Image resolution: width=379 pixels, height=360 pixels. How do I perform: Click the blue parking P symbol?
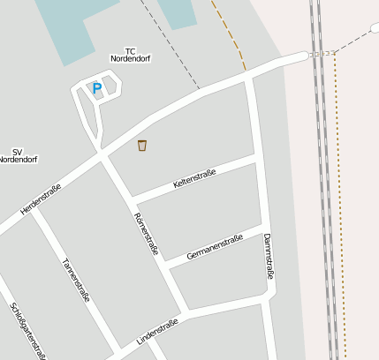pos(96,88)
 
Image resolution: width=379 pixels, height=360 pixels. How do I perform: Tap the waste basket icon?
pos(142,146)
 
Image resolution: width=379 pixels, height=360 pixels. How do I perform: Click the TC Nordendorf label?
pos(131,55)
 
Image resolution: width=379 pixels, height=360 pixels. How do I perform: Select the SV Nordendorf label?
pos(18,156)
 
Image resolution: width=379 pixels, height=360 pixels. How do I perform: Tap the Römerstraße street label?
pos(146,234)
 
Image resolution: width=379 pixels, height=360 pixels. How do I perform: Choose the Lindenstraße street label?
pos(157,332)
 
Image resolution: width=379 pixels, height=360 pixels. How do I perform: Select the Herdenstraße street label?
pos(40,200)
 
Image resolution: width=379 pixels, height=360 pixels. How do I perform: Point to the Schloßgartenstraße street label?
pos(27,331)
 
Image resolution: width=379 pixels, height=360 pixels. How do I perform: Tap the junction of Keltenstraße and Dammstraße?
pos(256,157)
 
